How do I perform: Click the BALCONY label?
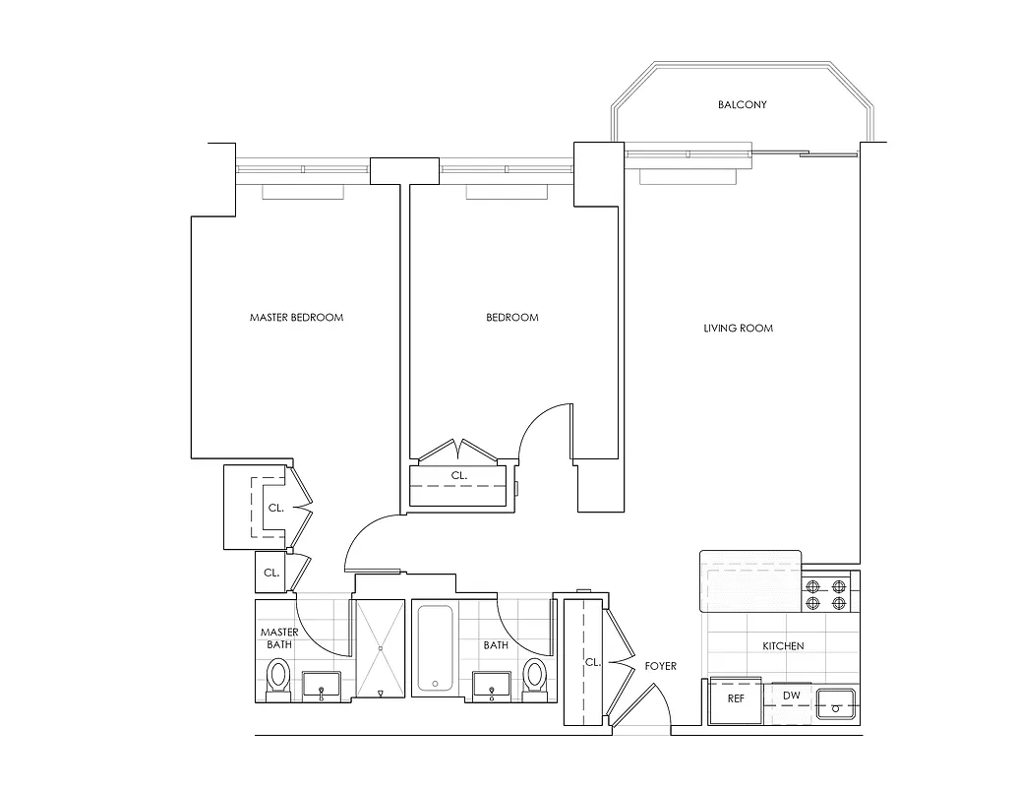742,105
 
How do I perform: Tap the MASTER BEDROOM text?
296,318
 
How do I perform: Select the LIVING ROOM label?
738,328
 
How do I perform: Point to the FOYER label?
660,666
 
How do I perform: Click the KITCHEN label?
783,646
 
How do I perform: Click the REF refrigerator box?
736,699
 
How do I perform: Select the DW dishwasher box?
792,696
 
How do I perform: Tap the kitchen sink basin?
837,702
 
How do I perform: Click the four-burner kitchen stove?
826,595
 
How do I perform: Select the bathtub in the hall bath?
434,647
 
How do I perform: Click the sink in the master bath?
322,686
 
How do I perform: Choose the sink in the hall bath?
492,686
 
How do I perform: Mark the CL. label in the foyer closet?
592,662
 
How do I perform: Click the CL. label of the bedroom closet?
458,475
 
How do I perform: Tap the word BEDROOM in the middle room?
512,318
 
